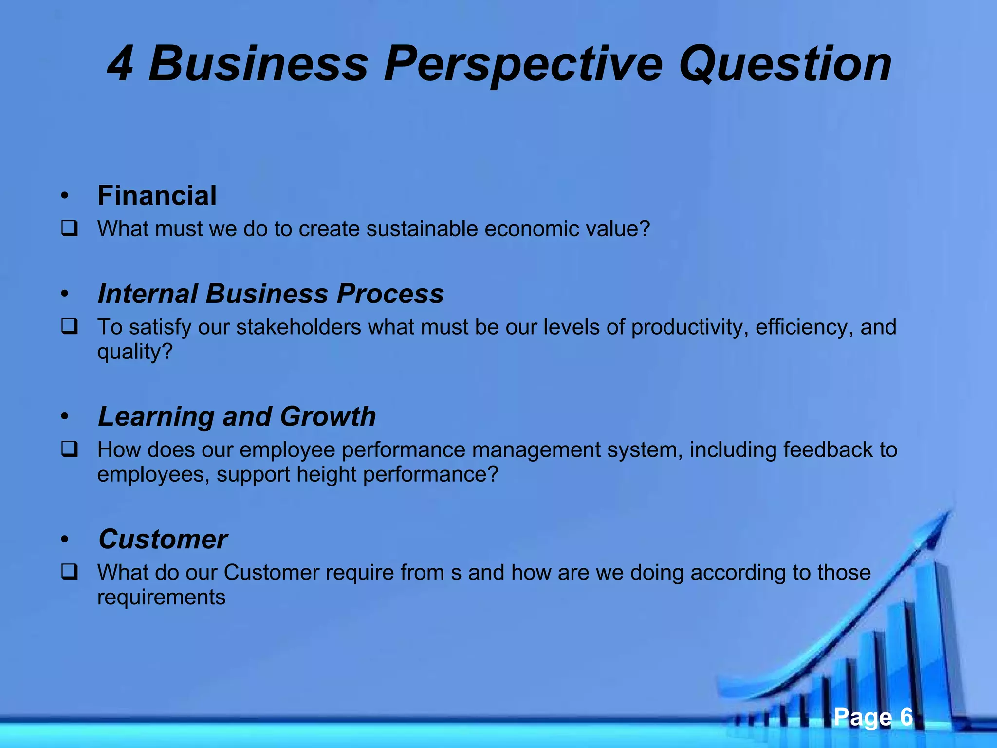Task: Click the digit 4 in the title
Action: [x=120, y=64]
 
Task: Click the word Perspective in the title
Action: [x=523, y=64]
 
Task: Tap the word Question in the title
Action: [x=785, y=64]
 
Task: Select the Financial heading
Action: [x=157, y=196]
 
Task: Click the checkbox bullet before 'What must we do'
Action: [x=69, y=228]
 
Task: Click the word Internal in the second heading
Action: [x=147, y=294]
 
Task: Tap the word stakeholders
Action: [x=298, y=327]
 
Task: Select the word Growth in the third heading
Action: [x=328, y=416]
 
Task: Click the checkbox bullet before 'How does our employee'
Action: [x=69, y=449]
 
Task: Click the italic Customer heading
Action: [x=163, y=539]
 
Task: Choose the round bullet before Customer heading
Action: [x=65, y=540]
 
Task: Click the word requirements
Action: [x=161, y=597]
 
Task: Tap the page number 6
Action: [x=906, y=717]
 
